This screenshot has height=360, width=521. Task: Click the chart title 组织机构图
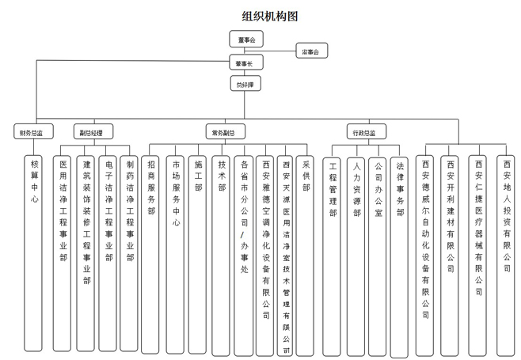[270, 16]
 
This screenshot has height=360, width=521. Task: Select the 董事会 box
[245, 39]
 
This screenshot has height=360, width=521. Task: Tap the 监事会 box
[311, 51]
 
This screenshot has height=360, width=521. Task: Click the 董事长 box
[245, 63]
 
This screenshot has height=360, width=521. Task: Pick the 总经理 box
[245, 83]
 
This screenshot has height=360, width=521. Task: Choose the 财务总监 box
[32, 132]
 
